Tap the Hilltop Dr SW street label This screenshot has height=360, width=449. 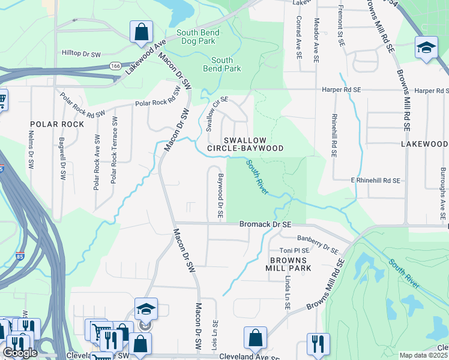(x=83, y=53)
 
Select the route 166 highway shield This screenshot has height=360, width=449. (x=113, y=65)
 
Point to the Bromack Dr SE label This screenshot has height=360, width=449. (x=265, y=224)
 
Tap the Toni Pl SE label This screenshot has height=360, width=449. (x=294, y=250)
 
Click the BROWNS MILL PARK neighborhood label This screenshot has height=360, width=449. (x=289, y=264)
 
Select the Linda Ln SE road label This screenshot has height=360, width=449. (x=288, y=293)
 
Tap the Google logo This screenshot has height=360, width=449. (x=19, y=352)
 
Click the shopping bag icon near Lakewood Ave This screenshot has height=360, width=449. (x=141, y=32)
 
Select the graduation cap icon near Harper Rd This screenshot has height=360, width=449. (x=426, y=48)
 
